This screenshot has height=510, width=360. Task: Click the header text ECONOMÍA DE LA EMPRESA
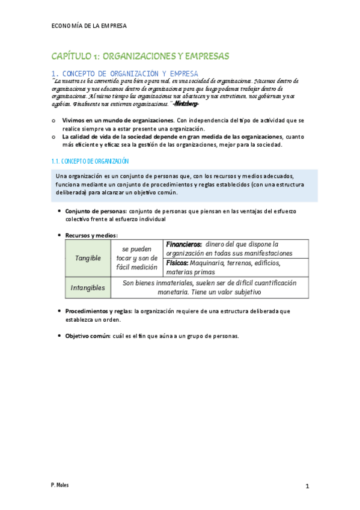(90, 26)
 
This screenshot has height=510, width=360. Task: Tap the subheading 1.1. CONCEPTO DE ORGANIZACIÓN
(88, 161)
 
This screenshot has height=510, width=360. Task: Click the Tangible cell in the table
(88, 258)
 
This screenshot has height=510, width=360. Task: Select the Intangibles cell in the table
(88, 288)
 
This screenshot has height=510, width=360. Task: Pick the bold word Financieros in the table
(184, 244)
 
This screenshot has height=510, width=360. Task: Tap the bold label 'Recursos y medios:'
(91, 235)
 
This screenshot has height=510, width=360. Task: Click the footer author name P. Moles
(60, 484)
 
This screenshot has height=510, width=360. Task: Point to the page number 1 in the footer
(307, 486)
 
